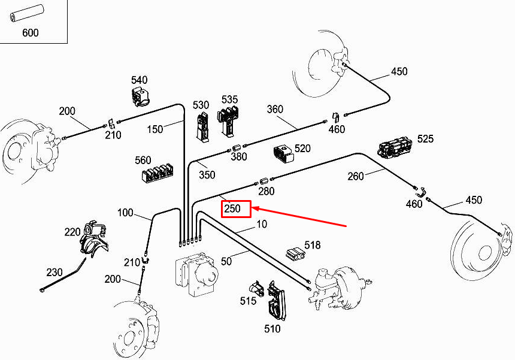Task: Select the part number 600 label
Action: [30, 32]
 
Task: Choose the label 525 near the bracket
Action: [425, 139]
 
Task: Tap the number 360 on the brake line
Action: [275, 109]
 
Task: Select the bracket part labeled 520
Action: [284, 153]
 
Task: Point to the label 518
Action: [312, 245]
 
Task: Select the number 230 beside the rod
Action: [54, 272]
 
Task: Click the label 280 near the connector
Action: [266, 191]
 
